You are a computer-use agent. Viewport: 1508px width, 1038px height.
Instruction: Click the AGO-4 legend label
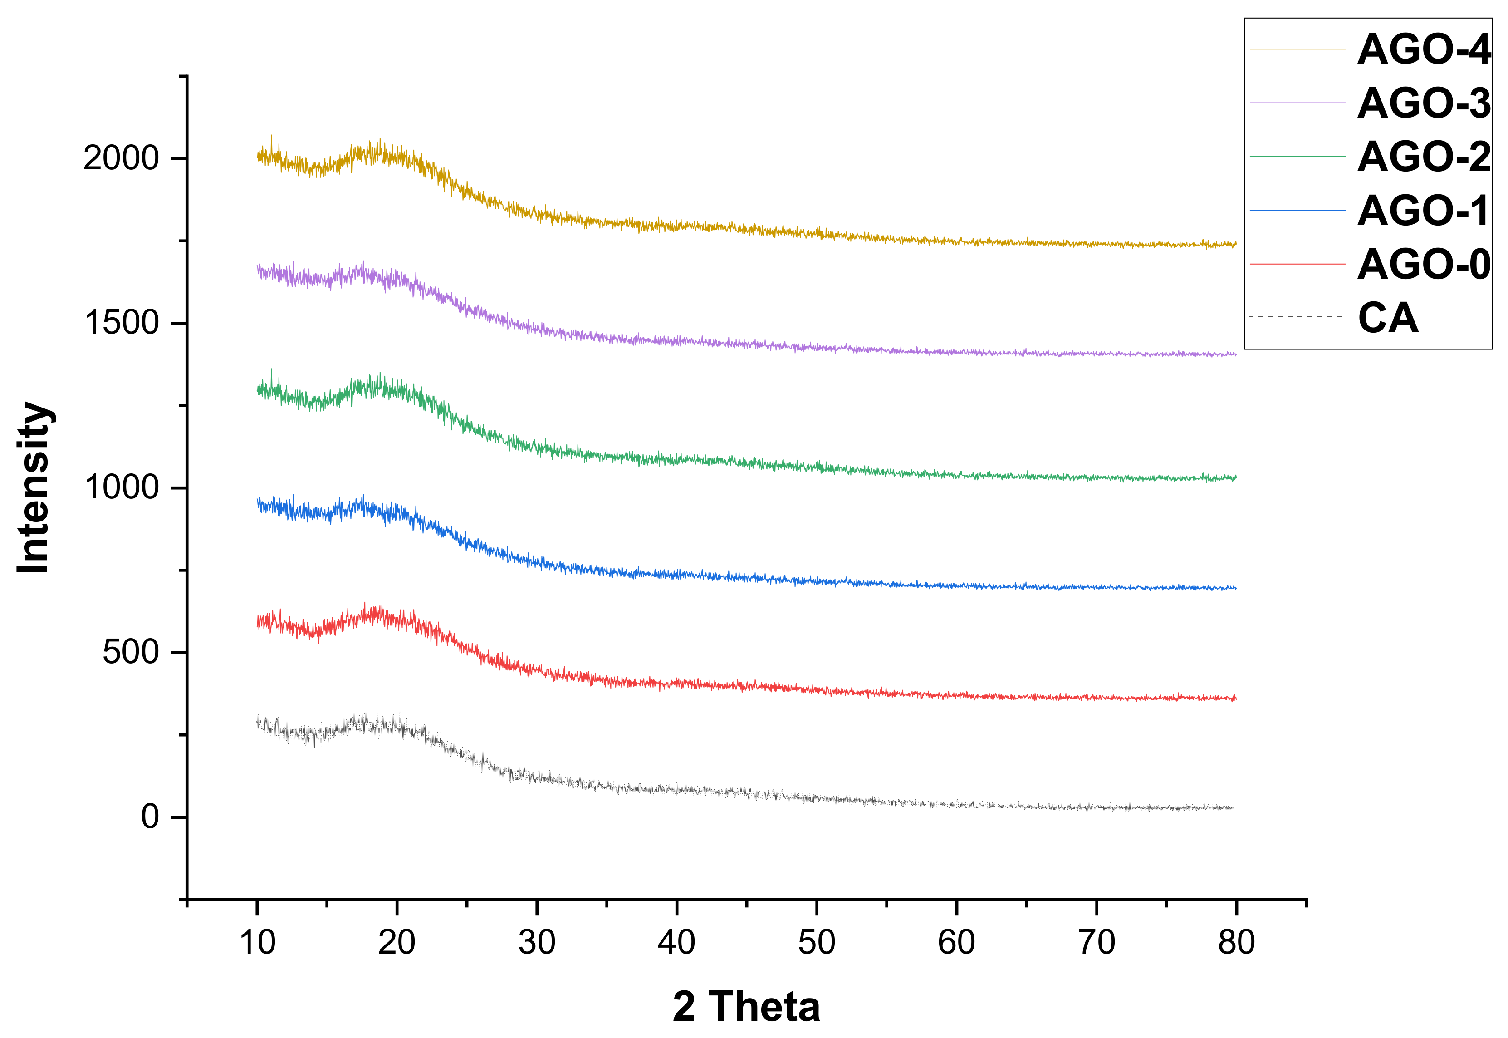(1424, 49)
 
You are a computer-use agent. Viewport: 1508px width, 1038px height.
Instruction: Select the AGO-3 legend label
(1424, 103)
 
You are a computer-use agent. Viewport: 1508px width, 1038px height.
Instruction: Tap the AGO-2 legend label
(1424, 157)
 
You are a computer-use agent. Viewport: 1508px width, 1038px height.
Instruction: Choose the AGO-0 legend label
(1424, 265)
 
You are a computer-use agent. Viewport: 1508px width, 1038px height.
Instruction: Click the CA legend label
(1388, 319)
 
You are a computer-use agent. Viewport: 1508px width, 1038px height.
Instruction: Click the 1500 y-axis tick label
(122, 323)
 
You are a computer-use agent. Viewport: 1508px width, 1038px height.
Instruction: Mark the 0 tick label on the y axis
(150, 817)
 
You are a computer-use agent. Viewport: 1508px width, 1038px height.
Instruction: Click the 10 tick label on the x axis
(257, 942)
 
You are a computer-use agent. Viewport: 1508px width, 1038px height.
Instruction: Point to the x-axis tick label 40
(677, 942)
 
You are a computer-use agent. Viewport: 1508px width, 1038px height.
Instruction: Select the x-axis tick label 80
(1236, 942)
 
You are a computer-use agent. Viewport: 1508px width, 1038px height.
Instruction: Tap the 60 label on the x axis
(956, 942)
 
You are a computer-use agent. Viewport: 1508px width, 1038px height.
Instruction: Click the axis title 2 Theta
(746, 1007)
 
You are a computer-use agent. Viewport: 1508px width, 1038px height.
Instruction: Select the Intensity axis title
(34, 488)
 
